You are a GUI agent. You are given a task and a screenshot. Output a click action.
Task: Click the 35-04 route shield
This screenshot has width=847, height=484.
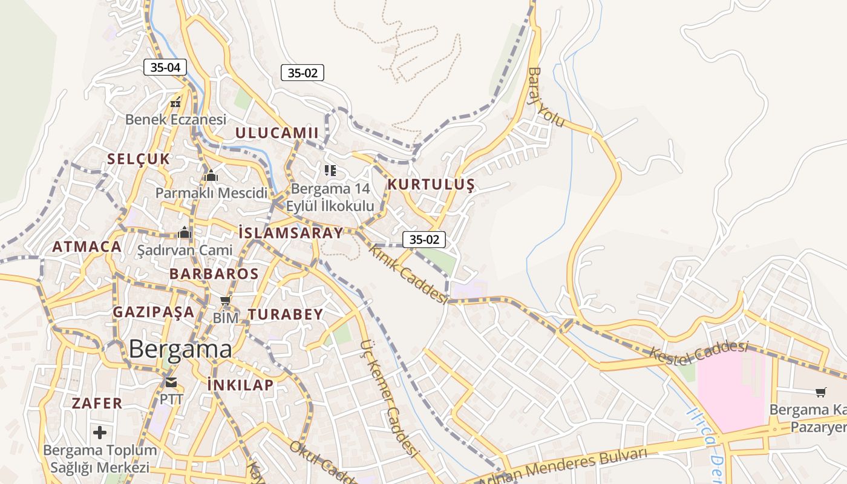(165, 67)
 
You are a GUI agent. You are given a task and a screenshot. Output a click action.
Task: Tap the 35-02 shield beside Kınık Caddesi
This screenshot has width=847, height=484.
(424, 239)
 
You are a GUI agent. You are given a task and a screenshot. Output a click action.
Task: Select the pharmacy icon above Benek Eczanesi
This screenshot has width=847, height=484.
(175, 102)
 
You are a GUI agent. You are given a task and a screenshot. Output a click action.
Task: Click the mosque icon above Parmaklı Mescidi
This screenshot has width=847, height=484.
(211, 176)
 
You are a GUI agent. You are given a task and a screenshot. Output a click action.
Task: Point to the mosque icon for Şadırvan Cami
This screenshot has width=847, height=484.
(185, 232)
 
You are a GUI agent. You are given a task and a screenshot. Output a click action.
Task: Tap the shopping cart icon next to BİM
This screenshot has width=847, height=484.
(226, 301)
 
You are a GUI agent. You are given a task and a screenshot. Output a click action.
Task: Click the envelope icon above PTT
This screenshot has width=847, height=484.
(171, 382)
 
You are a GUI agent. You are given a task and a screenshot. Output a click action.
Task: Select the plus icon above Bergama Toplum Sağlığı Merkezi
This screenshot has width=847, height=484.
(100, 432)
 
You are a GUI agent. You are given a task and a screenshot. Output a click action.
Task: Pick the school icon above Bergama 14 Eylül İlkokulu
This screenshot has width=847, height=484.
(330, 171)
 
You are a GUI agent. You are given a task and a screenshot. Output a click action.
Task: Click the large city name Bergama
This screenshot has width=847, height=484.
(180, 349)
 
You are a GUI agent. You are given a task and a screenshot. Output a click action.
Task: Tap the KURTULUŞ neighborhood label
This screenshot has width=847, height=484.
(431, 185)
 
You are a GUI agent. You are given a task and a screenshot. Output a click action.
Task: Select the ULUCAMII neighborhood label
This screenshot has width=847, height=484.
(276, 132)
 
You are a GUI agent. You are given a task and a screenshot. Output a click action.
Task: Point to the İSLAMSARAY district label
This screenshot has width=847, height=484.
(290, 232)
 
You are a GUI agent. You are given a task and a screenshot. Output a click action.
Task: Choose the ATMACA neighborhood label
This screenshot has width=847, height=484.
(87, 246)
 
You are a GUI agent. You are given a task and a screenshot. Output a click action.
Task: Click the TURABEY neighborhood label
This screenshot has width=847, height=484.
(286, 314)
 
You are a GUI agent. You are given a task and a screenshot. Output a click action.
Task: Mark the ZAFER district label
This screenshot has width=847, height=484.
(97, 403)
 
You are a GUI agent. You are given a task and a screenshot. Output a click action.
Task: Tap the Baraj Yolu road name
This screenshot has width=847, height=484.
(546, 97)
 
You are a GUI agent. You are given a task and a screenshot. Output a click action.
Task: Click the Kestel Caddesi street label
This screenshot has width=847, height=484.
(699, 353)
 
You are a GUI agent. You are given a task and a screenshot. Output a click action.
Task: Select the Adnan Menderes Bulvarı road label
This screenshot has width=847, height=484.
(563, 465)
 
